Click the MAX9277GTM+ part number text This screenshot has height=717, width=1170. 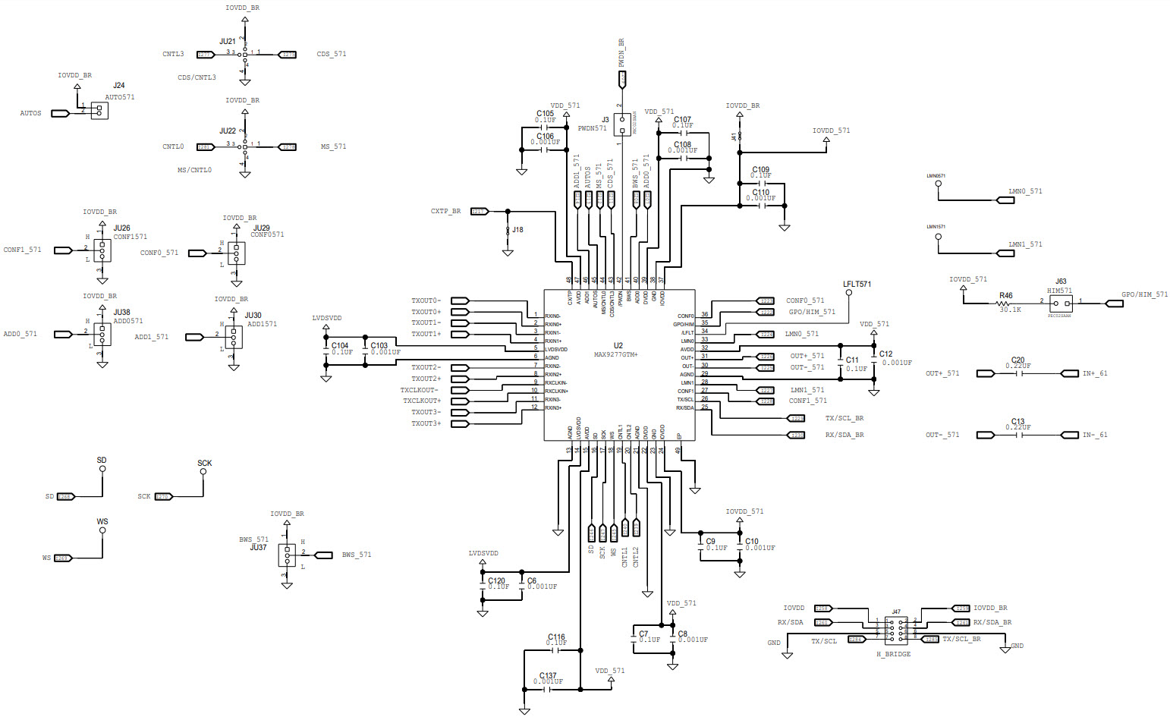point(615,354)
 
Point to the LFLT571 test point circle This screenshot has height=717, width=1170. point(848,294)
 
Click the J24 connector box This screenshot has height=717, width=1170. point(99,110)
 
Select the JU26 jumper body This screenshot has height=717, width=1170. point(102,250)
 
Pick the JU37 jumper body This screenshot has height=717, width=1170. point(287,555)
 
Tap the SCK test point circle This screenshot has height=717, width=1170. point(203,472)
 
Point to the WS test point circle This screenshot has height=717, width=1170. point(102,530)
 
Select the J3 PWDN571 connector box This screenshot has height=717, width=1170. point(622,125)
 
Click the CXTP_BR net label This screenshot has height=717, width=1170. point(445,211)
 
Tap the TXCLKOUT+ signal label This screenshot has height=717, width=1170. point(421,401)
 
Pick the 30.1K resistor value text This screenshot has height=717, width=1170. point(1010,310)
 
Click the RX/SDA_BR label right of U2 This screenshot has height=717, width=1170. point(844,436)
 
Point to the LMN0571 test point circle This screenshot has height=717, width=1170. point(939,184)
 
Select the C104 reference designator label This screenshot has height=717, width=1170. point(340,346)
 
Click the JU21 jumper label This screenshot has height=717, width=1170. point(228,42)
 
